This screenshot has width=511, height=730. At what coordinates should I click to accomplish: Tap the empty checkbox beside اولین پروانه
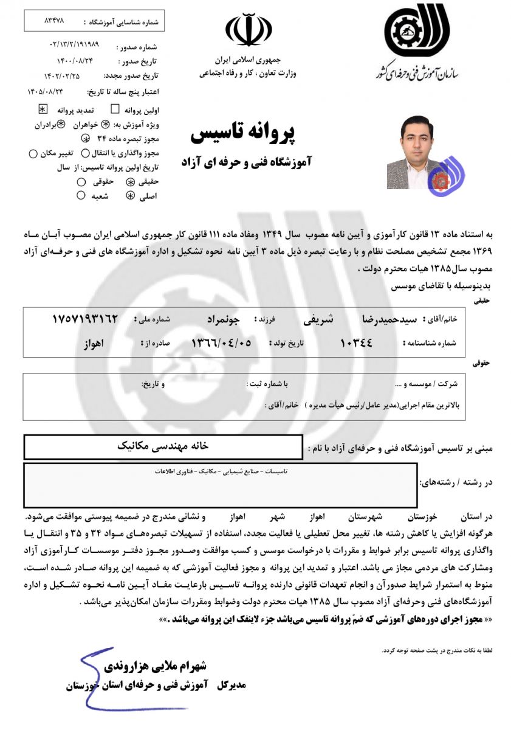tap(115, 109)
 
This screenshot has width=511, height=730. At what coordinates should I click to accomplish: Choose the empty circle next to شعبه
tap(81, 196)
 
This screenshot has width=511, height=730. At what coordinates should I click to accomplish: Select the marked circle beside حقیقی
tap(129, 182)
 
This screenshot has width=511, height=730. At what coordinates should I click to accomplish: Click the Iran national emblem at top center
tap(249, 32)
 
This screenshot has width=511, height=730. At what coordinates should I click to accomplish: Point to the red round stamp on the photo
tap(439, 178)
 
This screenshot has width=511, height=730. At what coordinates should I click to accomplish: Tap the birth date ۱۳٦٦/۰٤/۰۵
tap(221, 343)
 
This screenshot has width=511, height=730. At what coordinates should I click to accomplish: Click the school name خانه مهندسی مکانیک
tap(163, 446)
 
